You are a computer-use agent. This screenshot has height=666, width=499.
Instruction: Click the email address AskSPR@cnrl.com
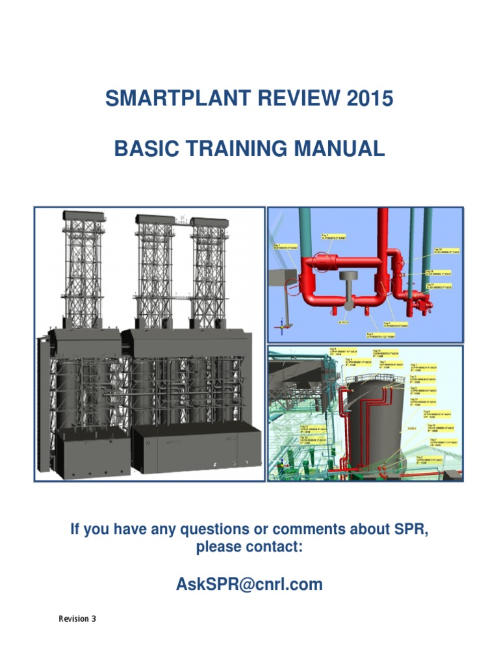(249, 584)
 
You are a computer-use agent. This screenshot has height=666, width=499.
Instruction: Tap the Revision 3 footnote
(77, 619)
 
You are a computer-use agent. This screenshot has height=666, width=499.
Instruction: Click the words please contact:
(249, 548)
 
